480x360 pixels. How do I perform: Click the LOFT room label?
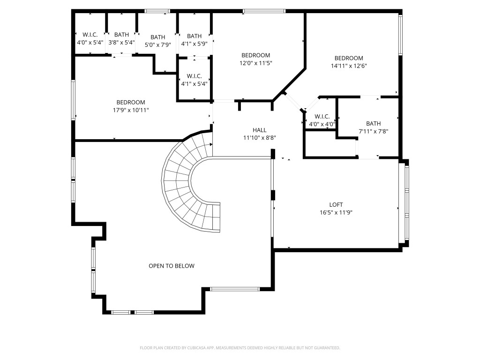(x=336, y=204)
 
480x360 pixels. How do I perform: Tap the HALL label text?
(x=259, y=130)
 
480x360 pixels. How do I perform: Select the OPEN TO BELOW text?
(x=171, y=266)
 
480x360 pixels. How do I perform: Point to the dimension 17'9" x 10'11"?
(x=131, y=110)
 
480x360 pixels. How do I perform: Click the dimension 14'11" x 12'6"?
(x=348, y=66)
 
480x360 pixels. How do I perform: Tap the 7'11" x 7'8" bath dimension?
(x=374, y=132)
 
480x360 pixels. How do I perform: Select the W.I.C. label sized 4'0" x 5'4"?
(x=90, y=35)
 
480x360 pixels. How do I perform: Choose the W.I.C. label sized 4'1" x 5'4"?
(x=194, y=75)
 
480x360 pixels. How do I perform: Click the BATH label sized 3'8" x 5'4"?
(x=121, y=35)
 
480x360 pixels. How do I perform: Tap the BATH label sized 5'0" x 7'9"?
(x=158, y=37)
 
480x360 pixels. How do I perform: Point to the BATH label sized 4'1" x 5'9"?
(x=194, y=36)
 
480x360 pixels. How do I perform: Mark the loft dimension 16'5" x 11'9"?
(x=336, y=212)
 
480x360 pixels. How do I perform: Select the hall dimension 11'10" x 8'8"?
(x=259, y=138)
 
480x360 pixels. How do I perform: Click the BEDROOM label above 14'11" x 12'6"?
(x=348, y=58)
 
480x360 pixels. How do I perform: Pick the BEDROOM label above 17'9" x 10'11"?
(x=131, y=102)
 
